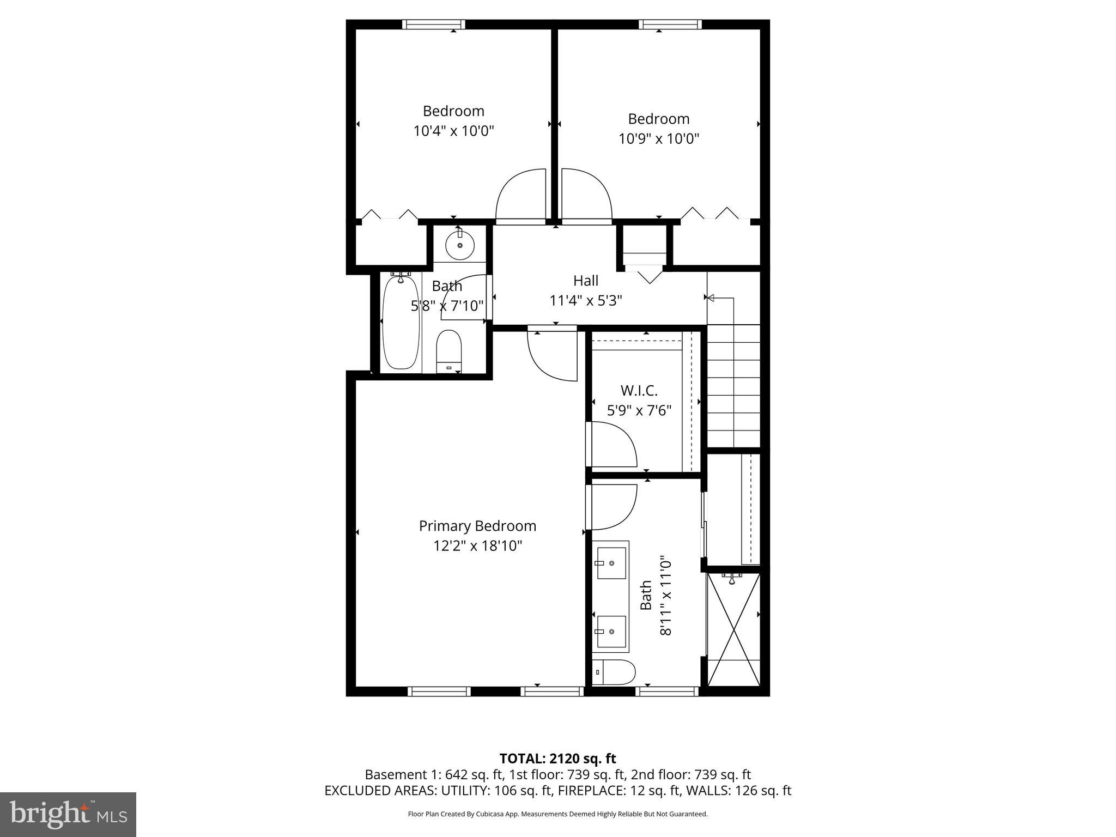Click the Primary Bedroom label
tap(477, 526)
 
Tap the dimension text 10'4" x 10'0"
tap(453, 131)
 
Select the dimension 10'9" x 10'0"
tap(658, 138)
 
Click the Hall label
tap(586, 281)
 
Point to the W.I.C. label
tap(639, 391)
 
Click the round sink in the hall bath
tap(460, 246)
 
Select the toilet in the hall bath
tap(449, 350)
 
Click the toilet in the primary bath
tap(614, 672)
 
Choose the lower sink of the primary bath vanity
tap(611, 630)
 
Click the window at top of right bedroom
tap(670, 24)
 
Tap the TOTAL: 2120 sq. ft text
tap(557, 759)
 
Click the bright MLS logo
tap(68, 814)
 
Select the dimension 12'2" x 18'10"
tap(477, 545)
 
